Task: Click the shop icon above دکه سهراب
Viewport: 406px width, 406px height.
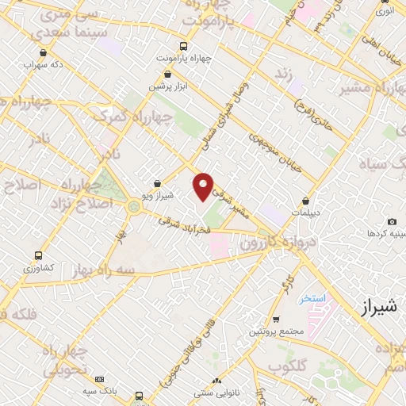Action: coord(43,53)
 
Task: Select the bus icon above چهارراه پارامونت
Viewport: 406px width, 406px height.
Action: coord(184,46)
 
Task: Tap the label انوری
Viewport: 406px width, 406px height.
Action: coord(384,11)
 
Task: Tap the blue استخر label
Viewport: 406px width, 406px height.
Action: coord(312,299)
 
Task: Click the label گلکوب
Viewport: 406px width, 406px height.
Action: coord(286,366)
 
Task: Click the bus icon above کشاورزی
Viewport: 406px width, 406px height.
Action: coord(38,256)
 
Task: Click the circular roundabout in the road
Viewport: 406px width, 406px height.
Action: coord(133,207)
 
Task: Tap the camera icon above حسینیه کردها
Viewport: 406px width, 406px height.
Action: coord(392,222)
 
